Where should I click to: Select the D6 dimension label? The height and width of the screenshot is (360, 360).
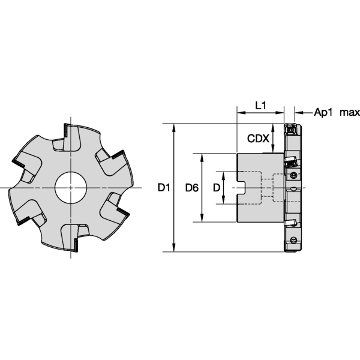192,188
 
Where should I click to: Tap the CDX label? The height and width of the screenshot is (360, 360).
258,139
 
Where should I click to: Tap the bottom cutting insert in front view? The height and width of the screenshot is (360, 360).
77,241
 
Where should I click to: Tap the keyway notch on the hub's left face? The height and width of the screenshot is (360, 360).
244,188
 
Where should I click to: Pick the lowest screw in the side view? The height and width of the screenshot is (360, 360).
293,240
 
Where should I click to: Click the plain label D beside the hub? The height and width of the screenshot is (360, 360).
216,188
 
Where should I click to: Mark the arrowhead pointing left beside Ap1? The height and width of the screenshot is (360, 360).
299,112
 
